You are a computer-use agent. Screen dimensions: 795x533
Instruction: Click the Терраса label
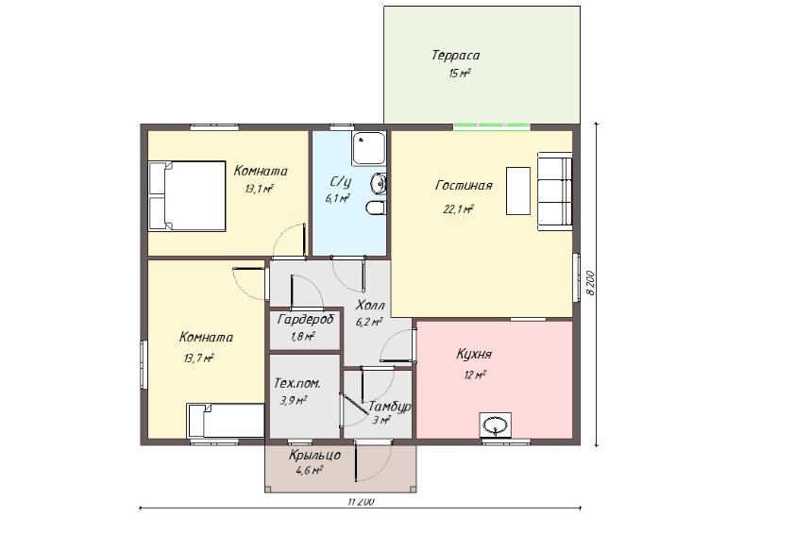coord(455,56)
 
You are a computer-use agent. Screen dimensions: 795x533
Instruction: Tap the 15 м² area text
coord(460,73)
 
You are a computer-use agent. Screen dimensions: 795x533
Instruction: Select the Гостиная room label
coord(464,186)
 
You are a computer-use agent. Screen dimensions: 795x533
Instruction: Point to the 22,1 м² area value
coord(458,208)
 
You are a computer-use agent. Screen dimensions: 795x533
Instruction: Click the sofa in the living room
coord(555,191)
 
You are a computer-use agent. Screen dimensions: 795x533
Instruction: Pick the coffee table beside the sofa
coord(518,191)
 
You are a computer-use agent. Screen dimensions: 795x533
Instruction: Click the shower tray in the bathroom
coord(369,148)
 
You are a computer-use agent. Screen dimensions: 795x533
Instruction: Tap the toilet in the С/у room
coord(376,208)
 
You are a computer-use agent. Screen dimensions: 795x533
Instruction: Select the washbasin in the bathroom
coord(379,183)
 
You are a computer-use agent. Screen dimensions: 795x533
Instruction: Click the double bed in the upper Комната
coord(187,196)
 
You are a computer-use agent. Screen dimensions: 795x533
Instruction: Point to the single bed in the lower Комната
coord(226,421)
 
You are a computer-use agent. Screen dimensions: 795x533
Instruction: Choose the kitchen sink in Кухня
coord(496,425)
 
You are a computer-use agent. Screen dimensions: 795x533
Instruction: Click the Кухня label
coord(474,354)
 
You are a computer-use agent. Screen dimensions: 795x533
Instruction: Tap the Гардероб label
coord(306,320)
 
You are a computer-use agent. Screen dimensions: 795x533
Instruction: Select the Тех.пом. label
coord(297,383)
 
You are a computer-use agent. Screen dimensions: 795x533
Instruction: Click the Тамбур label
coord(389,407)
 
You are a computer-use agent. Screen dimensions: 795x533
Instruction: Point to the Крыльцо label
coord(314,455)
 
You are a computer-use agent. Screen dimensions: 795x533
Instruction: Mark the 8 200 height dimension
coord(591,283)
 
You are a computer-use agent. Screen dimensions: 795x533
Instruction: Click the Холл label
coord(370,306)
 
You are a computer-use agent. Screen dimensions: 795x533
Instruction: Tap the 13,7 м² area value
coord(198,358)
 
